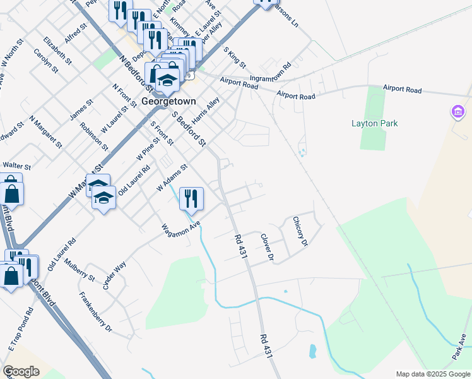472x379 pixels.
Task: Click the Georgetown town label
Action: pos(168,101)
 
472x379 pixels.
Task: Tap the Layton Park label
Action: pos(375,123)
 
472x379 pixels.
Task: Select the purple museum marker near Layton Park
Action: pos(459,113)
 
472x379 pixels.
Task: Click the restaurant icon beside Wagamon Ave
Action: pos(191,199)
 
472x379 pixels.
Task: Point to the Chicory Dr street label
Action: pos(300,231)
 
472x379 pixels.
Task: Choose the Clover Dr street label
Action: pos(268,247)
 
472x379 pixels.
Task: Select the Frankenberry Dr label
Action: pos(96,312)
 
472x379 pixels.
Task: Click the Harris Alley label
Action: pos(206,110)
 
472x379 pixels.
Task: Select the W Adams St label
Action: pos(172,179)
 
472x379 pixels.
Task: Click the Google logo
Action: pos(21,371)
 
